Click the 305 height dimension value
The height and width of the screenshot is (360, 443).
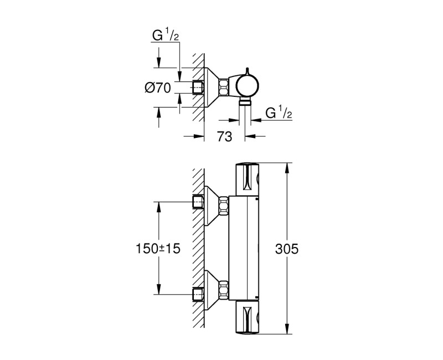[287, 249]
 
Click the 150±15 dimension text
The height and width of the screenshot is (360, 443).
[158, 249]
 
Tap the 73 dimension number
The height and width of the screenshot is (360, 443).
[224, 137]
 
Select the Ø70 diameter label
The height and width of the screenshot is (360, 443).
[157, 87]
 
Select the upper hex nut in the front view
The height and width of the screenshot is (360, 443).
[224, 206]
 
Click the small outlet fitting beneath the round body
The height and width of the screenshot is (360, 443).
[245, 102]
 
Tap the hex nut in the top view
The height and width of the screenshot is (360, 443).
[224, 87]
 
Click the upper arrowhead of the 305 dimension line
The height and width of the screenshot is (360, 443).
[287, 166]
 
